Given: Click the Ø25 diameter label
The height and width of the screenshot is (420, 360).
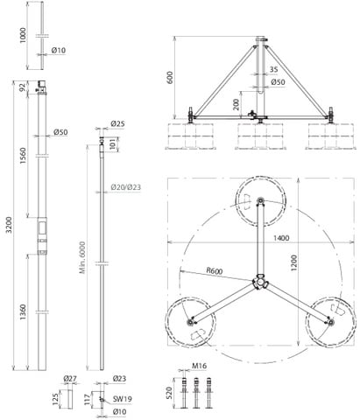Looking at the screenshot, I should [117, 123].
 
